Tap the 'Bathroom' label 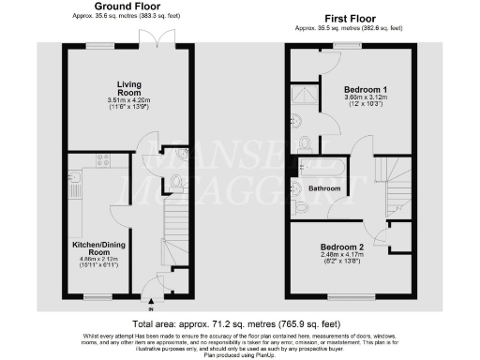coord(325,188)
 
